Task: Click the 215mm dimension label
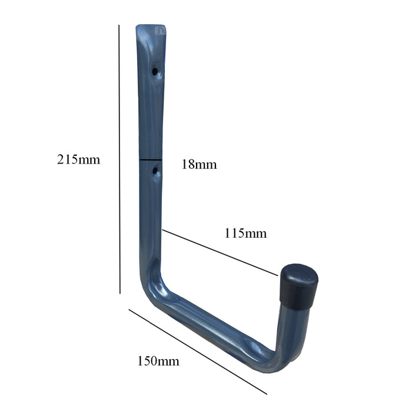click(x=78, y=160)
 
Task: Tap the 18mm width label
click(x=198, y=165)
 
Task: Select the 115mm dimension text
click(x=245, y=234)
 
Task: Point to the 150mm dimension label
click(x=158, y=361)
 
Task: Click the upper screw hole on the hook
click(x=155, y=72)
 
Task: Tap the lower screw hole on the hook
click(x=155, y=172)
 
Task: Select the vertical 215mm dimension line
click(x=119, y=159)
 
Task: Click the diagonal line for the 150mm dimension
click(x=197, y=351)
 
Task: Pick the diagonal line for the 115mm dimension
click(x=220, y=252)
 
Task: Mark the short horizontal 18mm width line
click(x=151, y=160)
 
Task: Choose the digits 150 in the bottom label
click(x=148, y=361)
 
